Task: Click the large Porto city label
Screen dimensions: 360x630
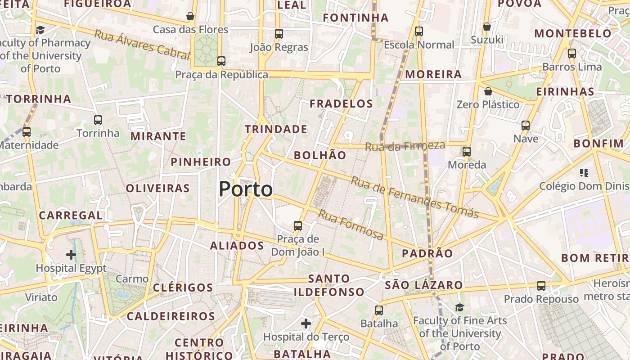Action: (246, 189)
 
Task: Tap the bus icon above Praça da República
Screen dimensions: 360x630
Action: (221, 61)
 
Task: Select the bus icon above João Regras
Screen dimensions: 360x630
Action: (279, 34)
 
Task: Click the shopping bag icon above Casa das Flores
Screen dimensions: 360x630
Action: (190, 16)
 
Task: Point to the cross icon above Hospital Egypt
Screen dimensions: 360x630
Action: (71, 255)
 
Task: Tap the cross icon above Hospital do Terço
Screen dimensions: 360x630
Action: (306, 323)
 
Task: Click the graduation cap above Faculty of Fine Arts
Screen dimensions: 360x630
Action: (459, 307)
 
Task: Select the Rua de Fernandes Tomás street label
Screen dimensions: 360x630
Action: (414, 197)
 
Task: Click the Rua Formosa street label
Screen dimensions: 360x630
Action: (351, 224)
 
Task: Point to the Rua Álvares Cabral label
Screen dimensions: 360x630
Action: (142, 45)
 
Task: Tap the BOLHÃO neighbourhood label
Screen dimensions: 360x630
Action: (320, 155)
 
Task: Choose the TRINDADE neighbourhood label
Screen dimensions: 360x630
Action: (276, 129)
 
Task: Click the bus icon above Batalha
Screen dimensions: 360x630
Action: (379, 310)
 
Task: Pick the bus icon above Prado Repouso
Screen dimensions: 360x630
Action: (541, 286)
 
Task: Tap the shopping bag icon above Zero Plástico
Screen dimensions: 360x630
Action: (488, 92)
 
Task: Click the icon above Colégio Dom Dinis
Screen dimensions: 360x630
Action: (584, 172)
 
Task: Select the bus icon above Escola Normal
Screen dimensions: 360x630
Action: (419, 31)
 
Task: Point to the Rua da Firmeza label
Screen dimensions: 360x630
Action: (405, 146)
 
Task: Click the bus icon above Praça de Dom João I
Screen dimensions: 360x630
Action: (297, 226)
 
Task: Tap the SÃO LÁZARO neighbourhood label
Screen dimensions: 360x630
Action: (424, 285)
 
